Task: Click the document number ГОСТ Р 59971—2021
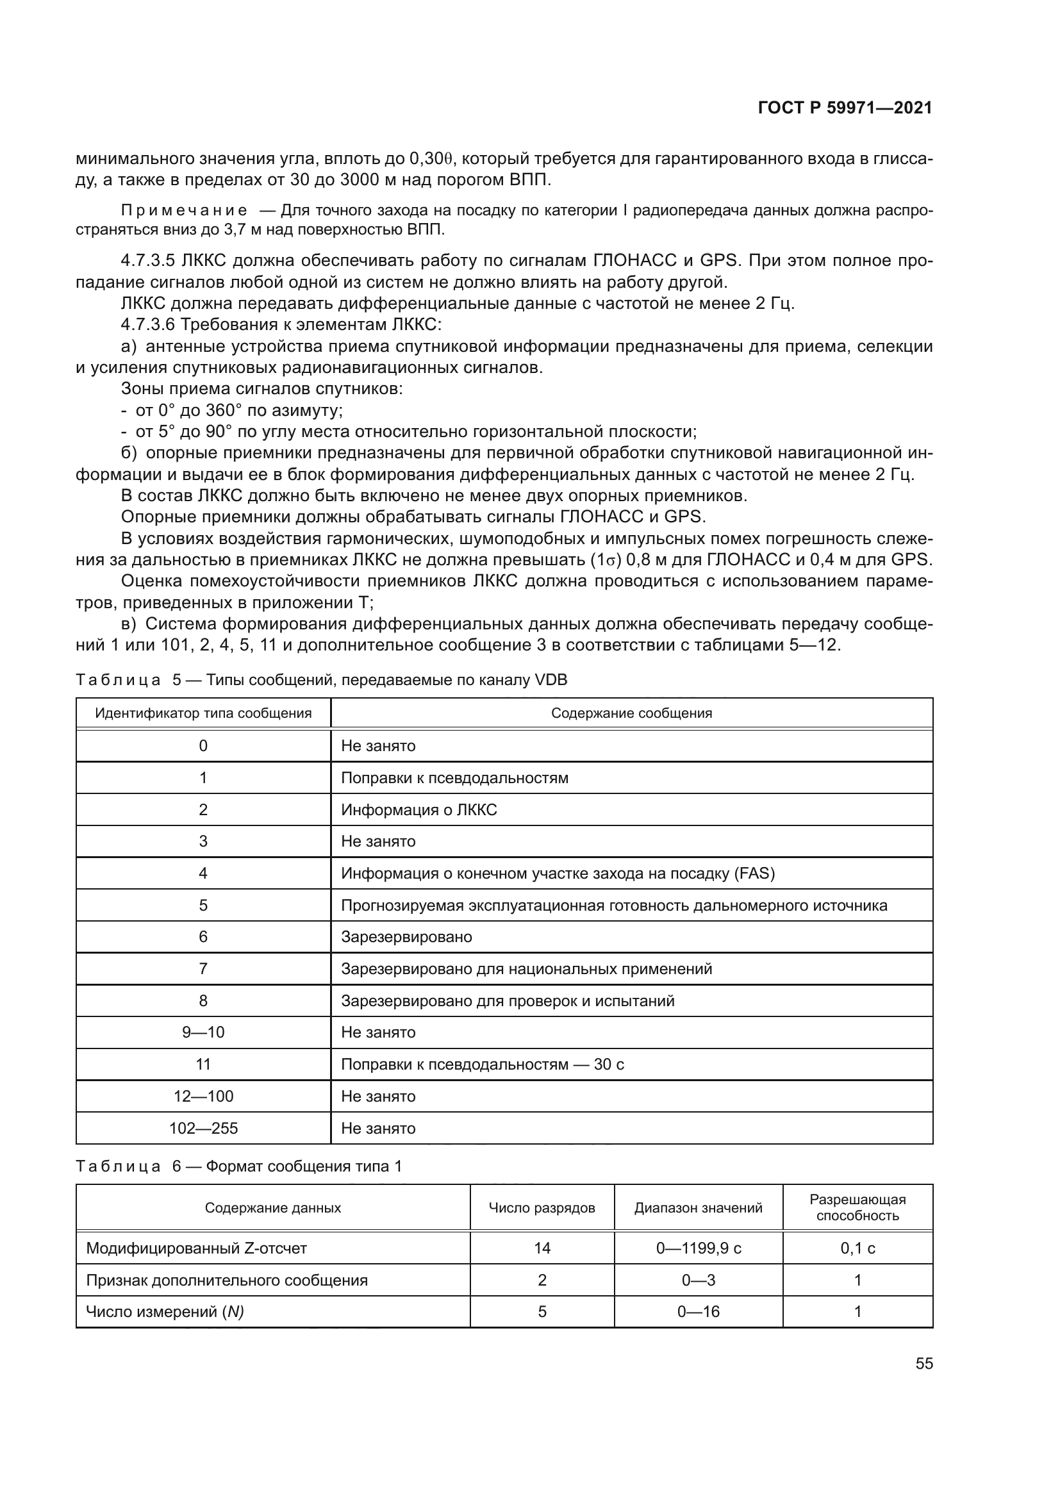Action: [x=845, y=108]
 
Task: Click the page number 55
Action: [x=923, y=1363]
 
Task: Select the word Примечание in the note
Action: [x=184, y=210]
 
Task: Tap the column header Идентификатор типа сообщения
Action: [x=203, y=713]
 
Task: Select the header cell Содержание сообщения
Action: [x=631, y=713]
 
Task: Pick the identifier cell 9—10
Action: [x=203, y=1032]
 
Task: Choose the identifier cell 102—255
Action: [x=203, y=1128]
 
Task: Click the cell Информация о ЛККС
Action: [x=418, y=809]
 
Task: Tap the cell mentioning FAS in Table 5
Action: [x=558, y=873]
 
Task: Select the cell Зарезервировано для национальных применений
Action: [x=526, y=969]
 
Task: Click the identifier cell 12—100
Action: [x=203, y=1096]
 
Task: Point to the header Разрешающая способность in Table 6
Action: [x=857, y=1207]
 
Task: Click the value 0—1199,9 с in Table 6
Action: [x=699, y=1248]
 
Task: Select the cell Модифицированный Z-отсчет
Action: [x=197, y=1248]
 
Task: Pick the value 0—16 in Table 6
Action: [x=699, y=1312]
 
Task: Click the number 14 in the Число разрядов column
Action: [x=542, y=1248]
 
